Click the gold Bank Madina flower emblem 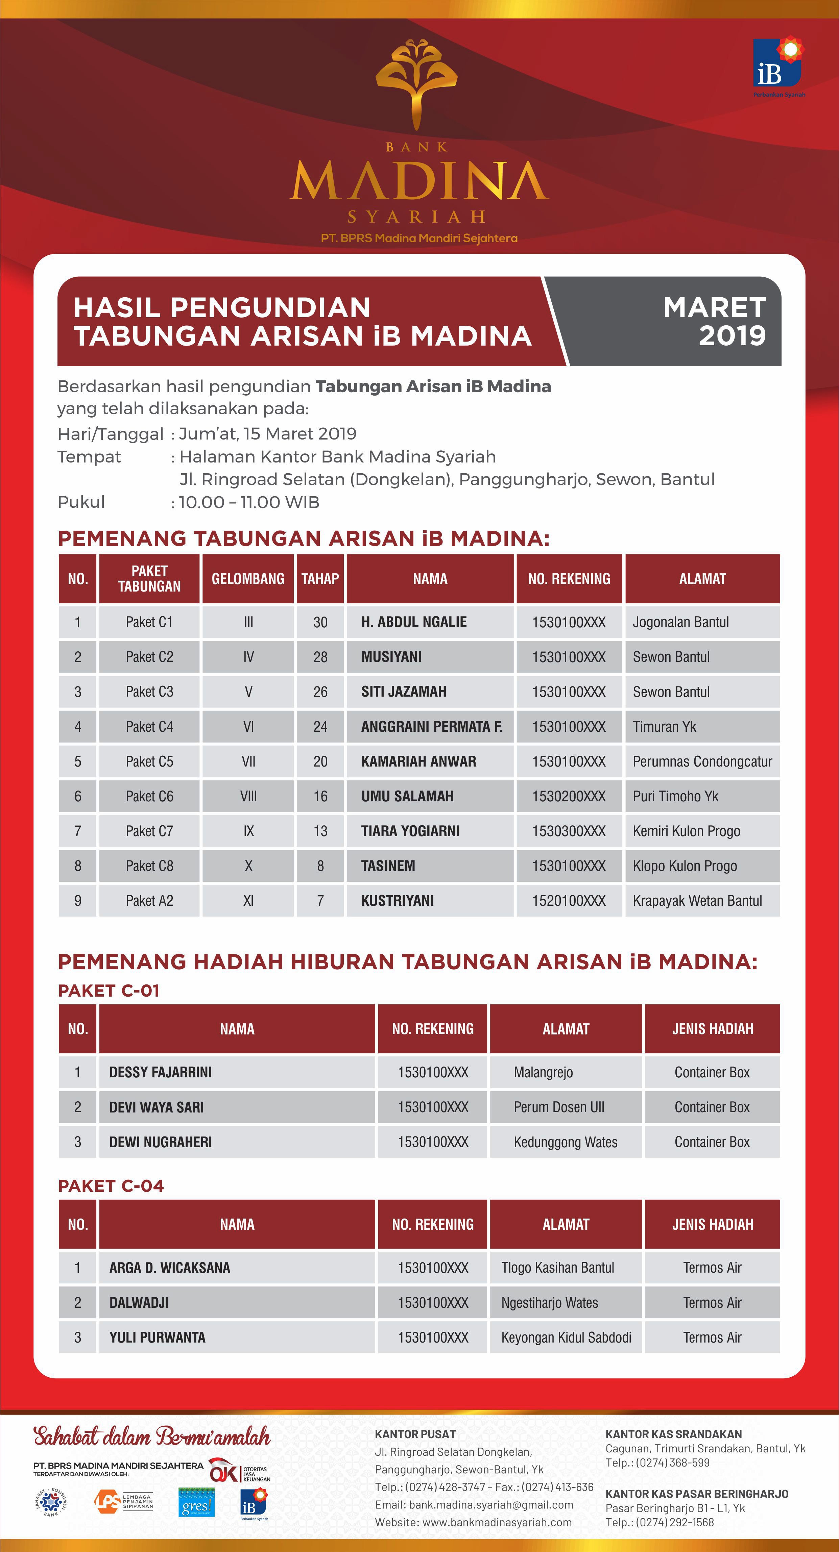click(416, 81)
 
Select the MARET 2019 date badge click(714, 321)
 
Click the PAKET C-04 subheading click(111, 1186)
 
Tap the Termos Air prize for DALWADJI click(712, 1303)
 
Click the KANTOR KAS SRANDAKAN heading click(673, 1434)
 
